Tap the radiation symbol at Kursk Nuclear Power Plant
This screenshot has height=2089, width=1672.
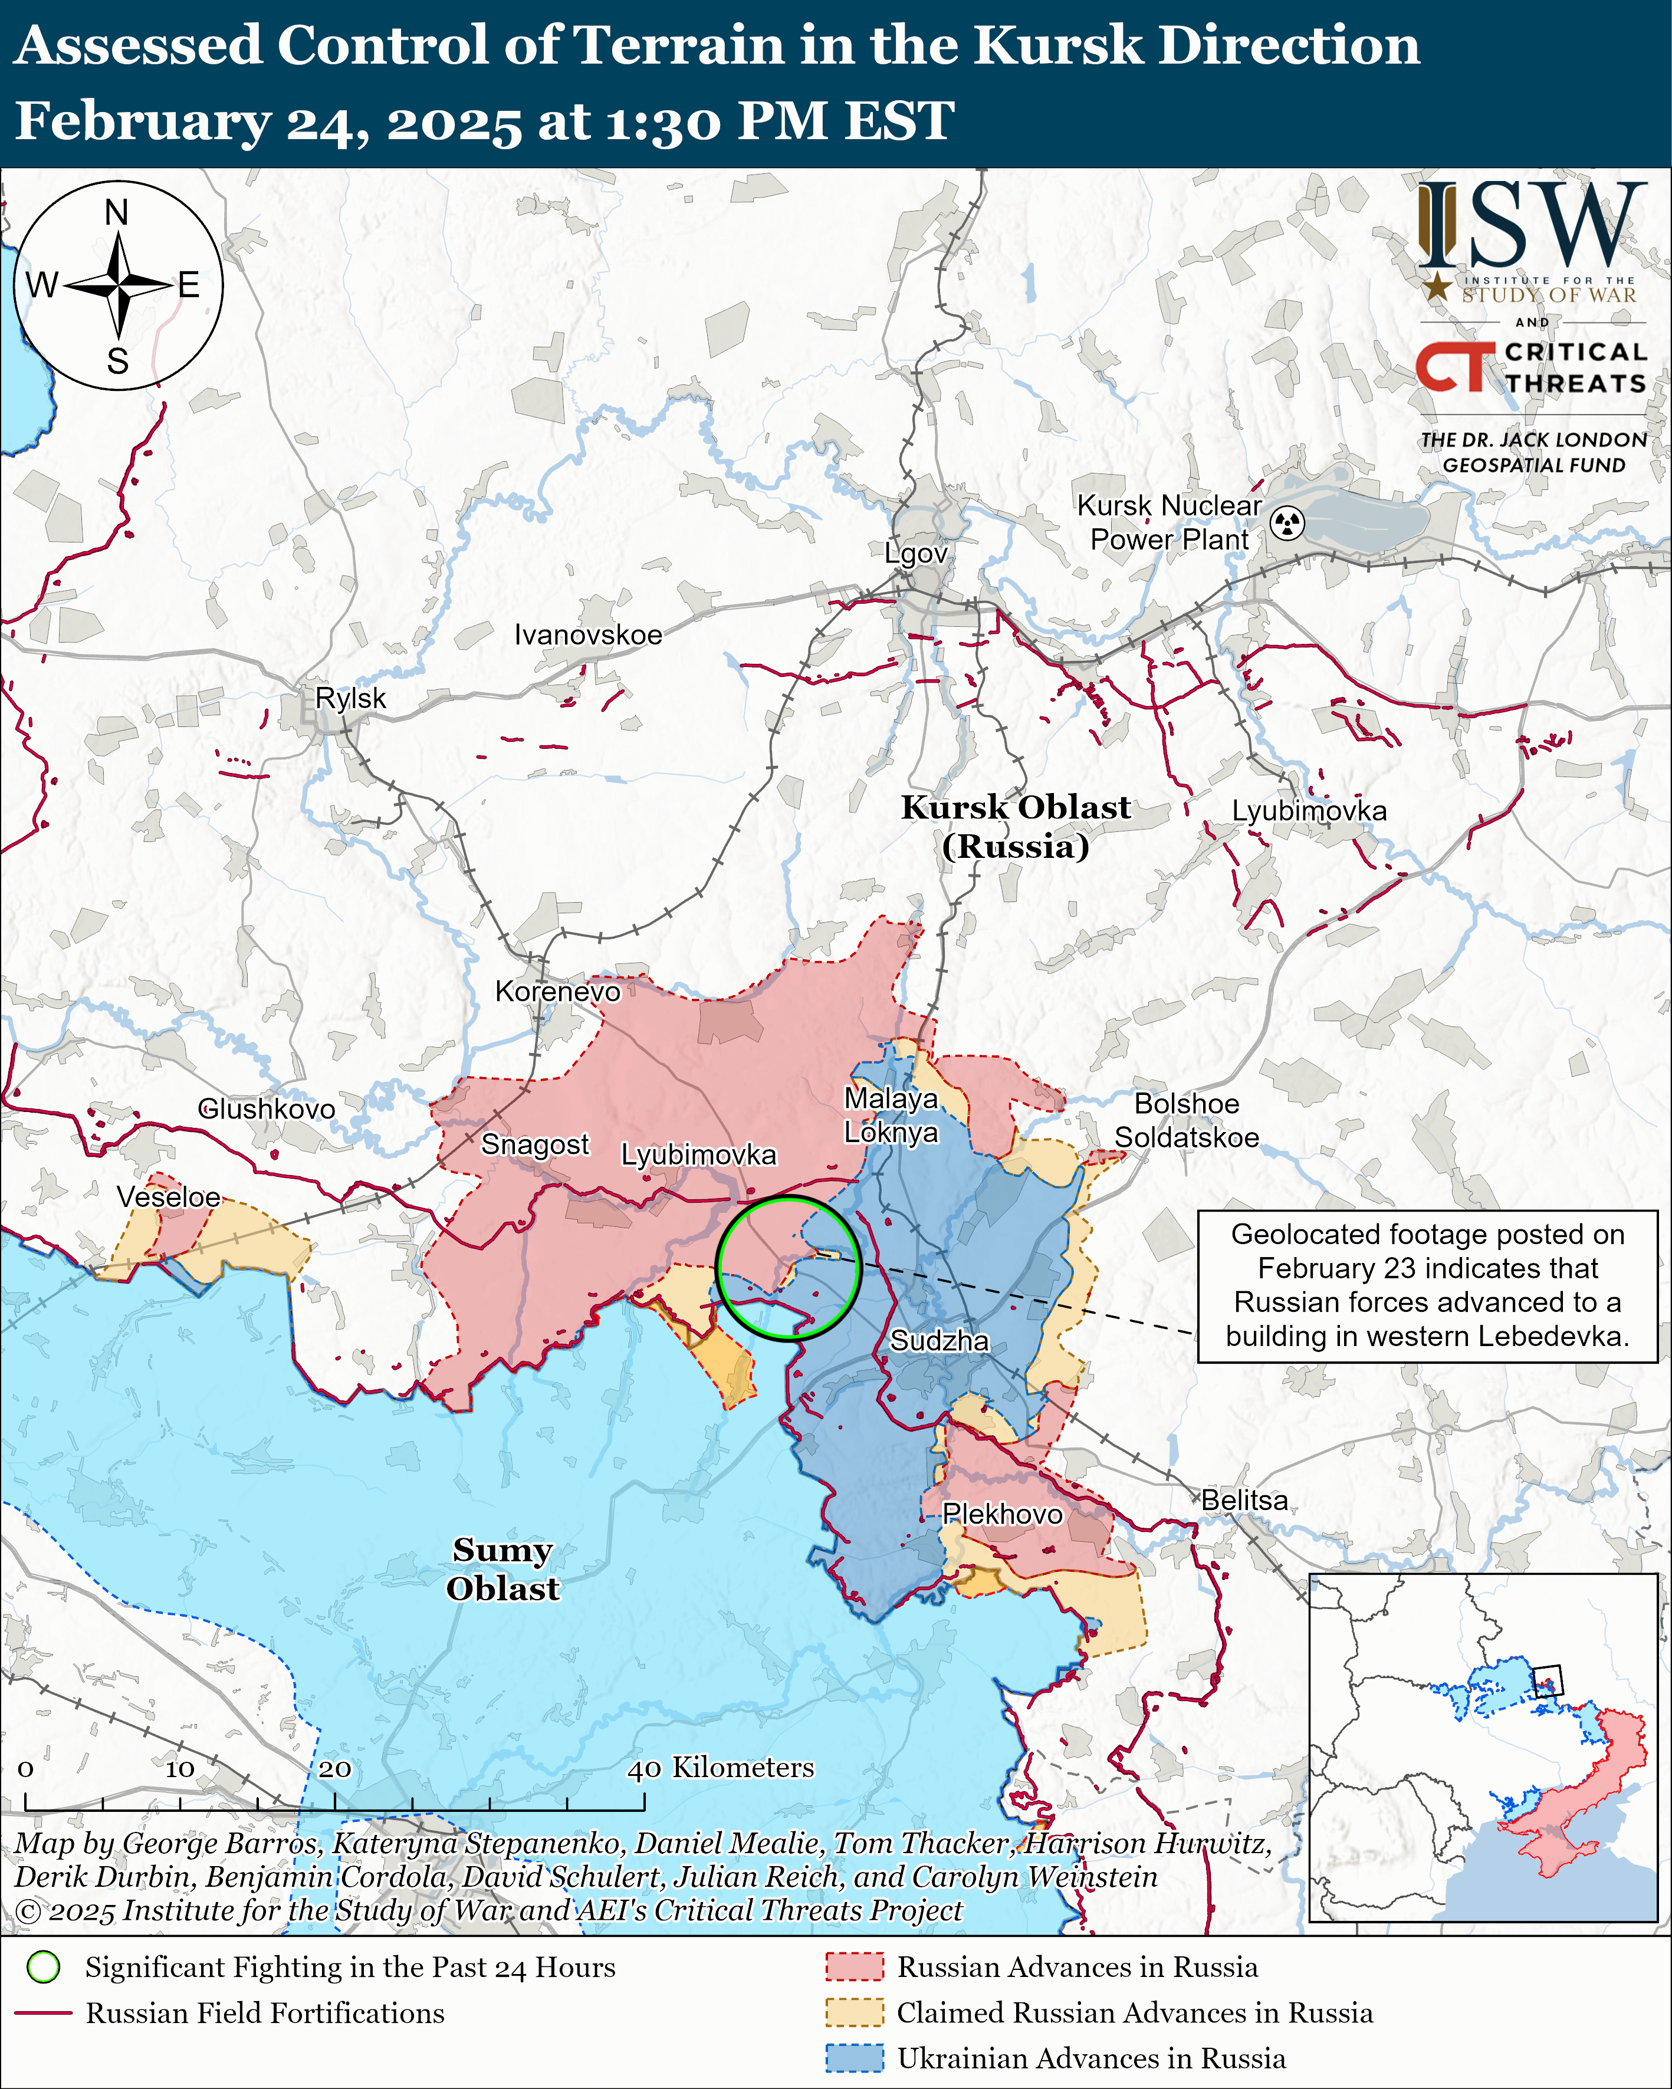[x=1287, y=523]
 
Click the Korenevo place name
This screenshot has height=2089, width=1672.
[x=557, y=991]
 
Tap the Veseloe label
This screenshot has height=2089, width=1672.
[x=169, y=1197]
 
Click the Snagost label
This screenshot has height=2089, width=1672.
[x=535, y=1144]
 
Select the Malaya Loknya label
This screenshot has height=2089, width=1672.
[x=891, y=1115]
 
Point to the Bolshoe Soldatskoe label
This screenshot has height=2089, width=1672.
[x=1187, y=1120]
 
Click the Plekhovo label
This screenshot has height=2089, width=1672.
[x=1002, y=1514]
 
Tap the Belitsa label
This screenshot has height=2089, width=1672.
[x=1244, y=1500]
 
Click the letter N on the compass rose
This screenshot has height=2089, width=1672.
[x=116, y=212]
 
